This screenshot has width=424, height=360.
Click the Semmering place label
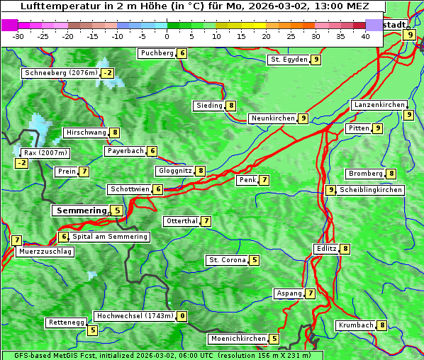coord(80,210)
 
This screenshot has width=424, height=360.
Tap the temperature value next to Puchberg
coord(182,53)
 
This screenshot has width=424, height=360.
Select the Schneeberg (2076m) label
coord(60,73)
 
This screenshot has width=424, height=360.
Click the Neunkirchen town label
coord(272,118)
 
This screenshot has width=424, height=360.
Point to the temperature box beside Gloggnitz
coord(201,171)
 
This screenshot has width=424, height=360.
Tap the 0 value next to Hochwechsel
coord(182,316)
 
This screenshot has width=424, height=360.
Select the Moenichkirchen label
coord(238,339)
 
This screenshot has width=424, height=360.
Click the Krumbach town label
coord(356,325)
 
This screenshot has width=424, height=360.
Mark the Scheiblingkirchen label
coord(371,190)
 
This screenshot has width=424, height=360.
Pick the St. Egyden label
coord(289,60)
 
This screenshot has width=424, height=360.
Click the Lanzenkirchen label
coord(379,105)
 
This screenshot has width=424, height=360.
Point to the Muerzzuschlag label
coord(45,252)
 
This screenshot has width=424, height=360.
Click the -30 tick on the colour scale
coord(18,36)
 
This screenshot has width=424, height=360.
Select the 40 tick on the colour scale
coord(365,36)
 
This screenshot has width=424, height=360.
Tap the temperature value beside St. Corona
coord(255,260)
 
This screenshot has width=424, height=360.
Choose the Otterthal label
coord(182,221)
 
